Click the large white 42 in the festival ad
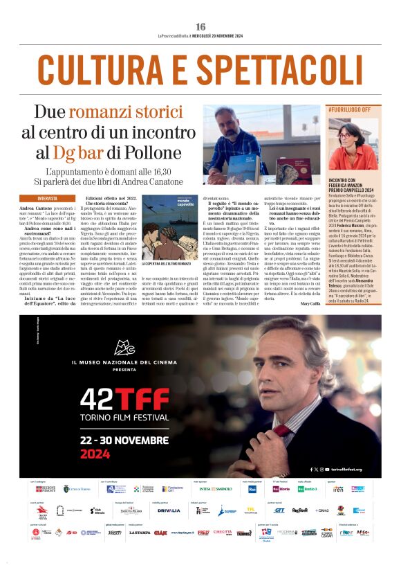pyautogui.click(x=100, y=400)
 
